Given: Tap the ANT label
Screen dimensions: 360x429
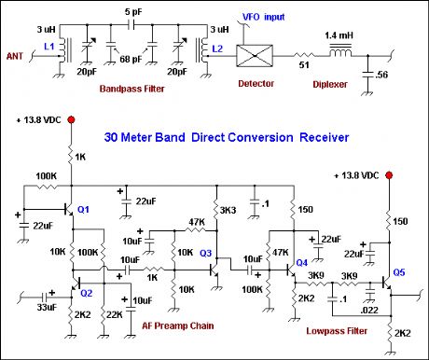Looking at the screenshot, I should pos(16,55).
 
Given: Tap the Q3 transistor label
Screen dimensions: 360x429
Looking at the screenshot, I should pos(206,254).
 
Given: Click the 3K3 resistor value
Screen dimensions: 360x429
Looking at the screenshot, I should pos(227,210).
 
